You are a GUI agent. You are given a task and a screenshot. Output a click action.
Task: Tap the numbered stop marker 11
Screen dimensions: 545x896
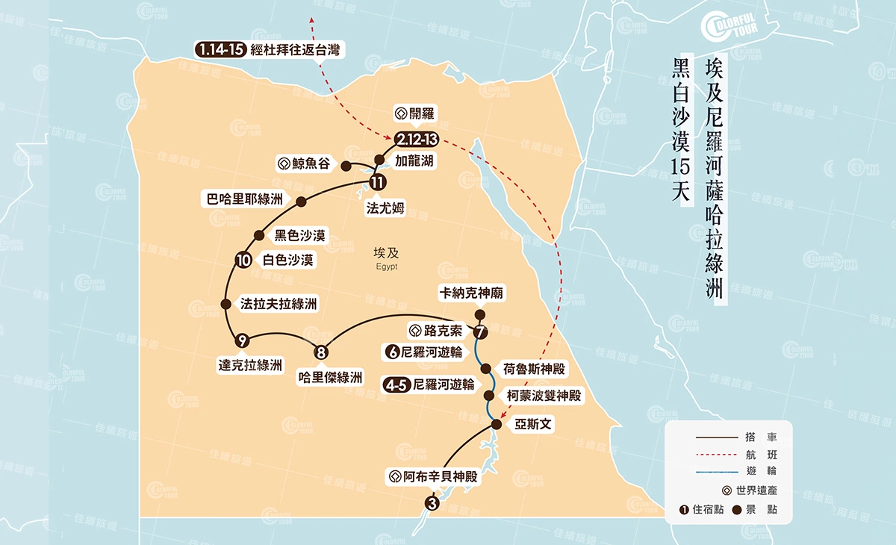click(378, 181)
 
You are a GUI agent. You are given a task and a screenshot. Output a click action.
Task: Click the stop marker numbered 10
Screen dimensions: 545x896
click(243, 261)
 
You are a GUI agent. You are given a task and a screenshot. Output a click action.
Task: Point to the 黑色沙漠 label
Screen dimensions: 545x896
click(299, 236)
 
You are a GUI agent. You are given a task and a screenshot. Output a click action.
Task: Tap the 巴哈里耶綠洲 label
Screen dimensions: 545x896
click(245, 199)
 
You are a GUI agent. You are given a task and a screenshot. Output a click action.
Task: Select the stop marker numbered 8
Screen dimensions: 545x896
click(322, 352)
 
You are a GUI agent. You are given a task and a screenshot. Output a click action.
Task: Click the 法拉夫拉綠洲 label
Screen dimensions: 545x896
click(279, 305)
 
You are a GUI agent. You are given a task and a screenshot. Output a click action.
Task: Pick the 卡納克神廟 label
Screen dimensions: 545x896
click(472, 294)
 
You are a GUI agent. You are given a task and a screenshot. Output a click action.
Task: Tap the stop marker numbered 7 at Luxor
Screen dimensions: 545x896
click(479, 331)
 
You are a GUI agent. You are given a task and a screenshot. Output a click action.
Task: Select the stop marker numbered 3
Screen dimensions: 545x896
click(432, 503)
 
